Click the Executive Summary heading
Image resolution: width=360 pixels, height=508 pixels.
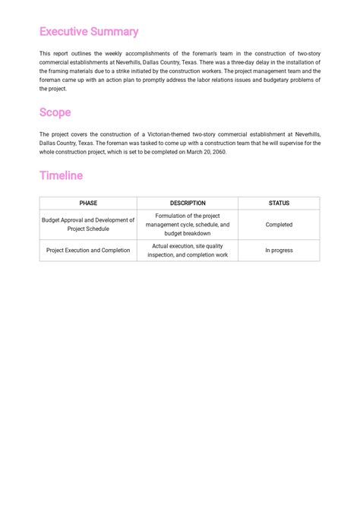point(89,32)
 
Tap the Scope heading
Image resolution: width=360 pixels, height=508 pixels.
point(55,112)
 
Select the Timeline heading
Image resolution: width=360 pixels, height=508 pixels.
point(61,175)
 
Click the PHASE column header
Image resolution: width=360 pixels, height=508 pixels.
point(88,204)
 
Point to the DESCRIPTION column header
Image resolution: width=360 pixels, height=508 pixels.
point(188,204)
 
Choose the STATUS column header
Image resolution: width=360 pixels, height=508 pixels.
point(279,204)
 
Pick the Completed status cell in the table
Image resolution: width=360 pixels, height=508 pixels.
point(279,225)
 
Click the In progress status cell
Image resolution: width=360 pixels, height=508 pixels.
point(279,251)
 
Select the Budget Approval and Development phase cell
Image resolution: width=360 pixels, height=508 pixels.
point(88,225)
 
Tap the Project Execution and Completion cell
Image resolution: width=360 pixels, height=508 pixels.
point(88,251)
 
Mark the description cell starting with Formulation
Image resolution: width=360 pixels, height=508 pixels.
point(188,225)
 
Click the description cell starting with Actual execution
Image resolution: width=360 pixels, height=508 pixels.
point(188,251)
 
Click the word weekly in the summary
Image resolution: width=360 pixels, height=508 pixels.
point(109,54)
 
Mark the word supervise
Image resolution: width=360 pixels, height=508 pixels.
point(252,143)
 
